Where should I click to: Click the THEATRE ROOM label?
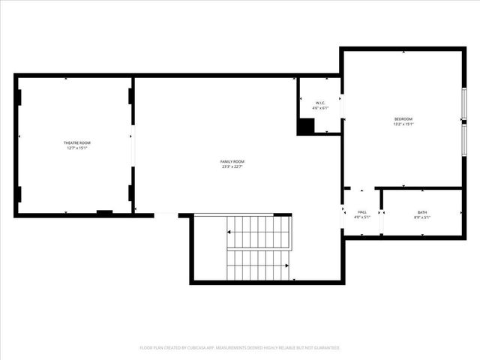76,142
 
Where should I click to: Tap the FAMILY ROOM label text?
232,161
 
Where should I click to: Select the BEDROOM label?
403,119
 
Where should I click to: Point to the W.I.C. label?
320,103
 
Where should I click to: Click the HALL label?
362,212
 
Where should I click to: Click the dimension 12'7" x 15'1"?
76,148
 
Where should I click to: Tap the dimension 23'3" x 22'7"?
232,166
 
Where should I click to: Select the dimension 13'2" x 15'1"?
403,124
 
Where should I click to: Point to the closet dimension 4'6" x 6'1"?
320,108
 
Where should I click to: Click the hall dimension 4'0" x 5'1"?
362,217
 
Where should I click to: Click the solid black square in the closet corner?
305,127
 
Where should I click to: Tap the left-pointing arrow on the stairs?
230,232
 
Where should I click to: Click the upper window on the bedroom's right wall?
464,103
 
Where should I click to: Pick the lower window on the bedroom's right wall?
464,141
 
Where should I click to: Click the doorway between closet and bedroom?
342,106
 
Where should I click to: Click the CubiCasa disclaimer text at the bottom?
240,348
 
